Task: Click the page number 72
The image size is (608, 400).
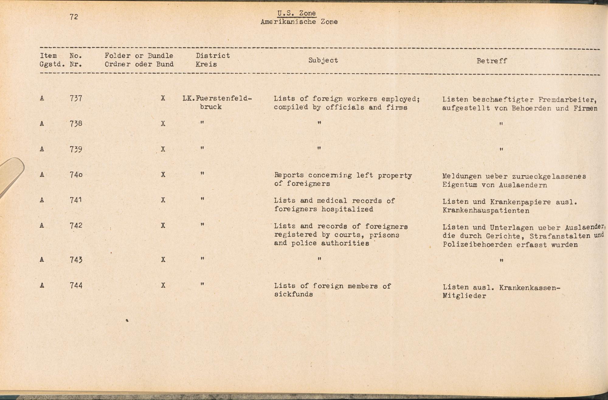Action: coord(74,17)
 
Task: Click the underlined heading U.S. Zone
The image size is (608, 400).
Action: coord(296,13)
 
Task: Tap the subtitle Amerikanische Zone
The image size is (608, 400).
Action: coord(299,22)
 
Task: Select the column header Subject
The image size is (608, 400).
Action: coord(323,60)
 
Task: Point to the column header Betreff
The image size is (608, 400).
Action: coord(492,61)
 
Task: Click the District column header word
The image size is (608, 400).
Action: coord(212,56)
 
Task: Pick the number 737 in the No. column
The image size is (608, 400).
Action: coord(76,98)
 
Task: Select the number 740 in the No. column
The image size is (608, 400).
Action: coord(76,175)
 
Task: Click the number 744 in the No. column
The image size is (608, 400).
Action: coord(76,286)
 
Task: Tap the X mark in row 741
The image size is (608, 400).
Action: coord(163,200)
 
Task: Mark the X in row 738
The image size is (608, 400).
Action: coord(163,124)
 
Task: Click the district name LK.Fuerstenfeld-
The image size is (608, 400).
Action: coord(217,99)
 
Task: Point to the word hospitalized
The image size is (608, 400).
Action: coord(347,209)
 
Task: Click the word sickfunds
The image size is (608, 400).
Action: coord(293,294)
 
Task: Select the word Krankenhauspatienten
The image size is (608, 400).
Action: coord(486,211)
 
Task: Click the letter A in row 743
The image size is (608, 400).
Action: coord(42,260)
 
